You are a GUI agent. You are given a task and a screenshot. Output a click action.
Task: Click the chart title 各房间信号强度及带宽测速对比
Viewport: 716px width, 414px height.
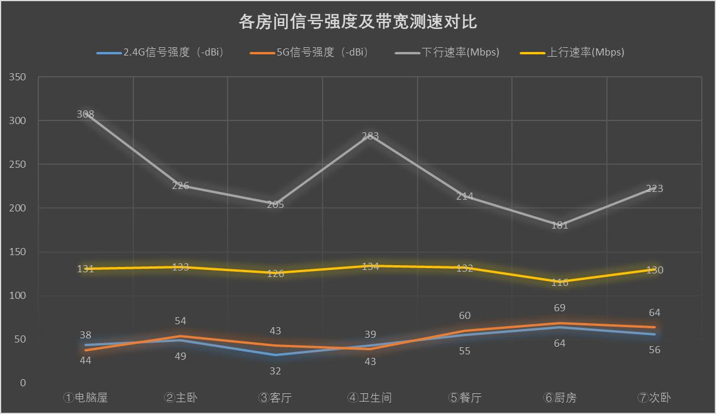tap(357, 22)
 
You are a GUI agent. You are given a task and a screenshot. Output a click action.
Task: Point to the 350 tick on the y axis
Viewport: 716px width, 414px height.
tap(18, 77)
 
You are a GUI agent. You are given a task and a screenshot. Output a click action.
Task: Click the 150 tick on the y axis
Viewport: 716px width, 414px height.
tap(18, 252)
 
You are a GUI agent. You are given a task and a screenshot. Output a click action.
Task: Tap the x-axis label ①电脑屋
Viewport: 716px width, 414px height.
tap(86, 397)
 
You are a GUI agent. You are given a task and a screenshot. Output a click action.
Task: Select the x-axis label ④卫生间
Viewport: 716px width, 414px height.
tap(369, 397)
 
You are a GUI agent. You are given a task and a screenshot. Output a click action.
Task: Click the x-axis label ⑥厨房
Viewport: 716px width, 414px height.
tap(559, 397)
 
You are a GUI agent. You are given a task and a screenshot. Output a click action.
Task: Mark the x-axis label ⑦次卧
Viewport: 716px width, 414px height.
tap(654, 397)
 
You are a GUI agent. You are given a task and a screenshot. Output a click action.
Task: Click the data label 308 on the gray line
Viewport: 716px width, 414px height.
tap(86, 114)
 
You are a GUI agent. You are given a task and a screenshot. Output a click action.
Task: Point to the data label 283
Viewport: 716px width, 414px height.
tap(370, 136)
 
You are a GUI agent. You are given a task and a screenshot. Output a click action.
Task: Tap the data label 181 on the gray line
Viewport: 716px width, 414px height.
tap(559, 225)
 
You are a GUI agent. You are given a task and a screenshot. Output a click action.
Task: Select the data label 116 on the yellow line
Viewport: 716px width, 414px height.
tap(559, 282)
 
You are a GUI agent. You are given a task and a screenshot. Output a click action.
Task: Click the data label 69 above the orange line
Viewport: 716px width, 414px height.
tap(559, 308)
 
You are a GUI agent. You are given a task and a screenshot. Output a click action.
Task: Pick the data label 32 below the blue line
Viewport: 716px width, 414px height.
tap(275, 371)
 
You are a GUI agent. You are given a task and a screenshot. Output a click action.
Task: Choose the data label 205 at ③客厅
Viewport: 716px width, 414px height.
tap(275, 204)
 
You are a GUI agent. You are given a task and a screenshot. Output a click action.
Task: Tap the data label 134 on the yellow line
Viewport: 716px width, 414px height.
tap(370, 266)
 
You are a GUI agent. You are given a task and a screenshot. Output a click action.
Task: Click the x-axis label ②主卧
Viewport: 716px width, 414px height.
tap(180, 397)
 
